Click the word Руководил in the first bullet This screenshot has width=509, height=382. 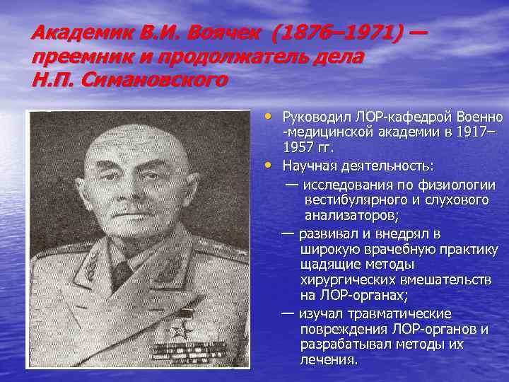pos(314,116)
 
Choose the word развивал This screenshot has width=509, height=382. pos(329,233)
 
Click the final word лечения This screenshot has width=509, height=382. pos(328,359)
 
